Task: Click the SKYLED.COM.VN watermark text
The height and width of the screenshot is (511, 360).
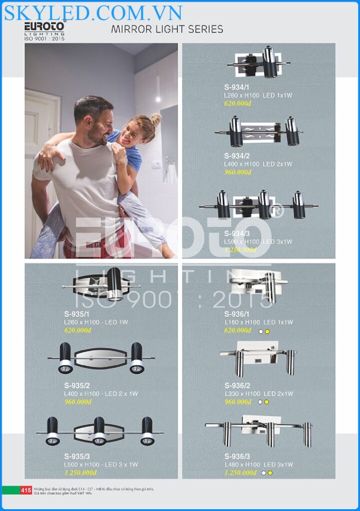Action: coord(93,12)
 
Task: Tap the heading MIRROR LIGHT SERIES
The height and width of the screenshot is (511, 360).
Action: coord(167,29)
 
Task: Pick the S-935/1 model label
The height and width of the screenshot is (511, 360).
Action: coord(77,314)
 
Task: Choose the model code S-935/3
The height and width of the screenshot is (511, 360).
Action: coord(77,456)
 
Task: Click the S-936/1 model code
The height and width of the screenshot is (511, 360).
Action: coord(237,314)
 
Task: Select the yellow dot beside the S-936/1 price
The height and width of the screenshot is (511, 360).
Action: coord(268,331)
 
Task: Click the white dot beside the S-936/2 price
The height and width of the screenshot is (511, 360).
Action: coord(260,402)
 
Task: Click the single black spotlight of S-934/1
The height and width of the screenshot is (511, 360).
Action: coord(270,62)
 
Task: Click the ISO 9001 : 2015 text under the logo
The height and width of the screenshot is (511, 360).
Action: coord(44,38)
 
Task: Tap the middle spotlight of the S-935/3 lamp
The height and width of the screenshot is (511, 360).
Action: coord(99,432)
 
